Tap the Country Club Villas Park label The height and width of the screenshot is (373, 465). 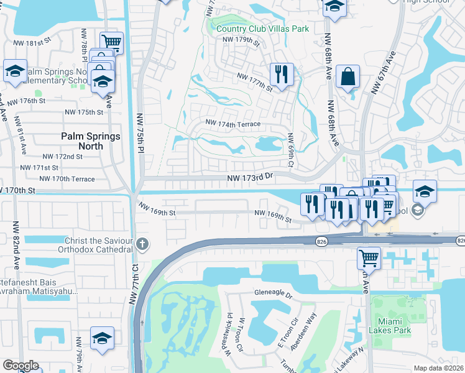(x=262, y=29)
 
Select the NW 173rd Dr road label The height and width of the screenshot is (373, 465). (x=251, y=178)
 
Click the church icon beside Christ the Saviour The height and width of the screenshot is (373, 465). (x=143, y=243)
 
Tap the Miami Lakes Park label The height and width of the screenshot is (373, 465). (x=389, y=326)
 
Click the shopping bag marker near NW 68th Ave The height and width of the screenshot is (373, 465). (x=348, y=77)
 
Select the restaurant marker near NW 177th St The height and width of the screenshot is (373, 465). (x=281, y=75)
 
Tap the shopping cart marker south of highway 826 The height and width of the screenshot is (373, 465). (x=369, y=257)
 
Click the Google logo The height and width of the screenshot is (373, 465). (x=21, y=366)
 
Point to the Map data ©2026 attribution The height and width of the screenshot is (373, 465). (x=439, y=368)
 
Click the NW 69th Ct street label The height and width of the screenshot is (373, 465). (x=290, y=149)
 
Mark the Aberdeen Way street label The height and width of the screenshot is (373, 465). (x=306, y=327)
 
